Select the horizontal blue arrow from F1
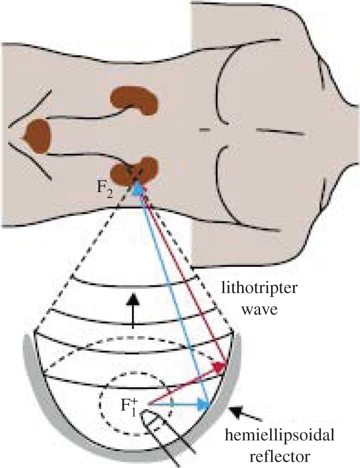[179, 404]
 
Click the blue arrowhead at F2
[137, 188]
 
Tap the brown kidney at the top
[134, 100]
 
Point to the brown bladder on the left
[38, 136]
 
